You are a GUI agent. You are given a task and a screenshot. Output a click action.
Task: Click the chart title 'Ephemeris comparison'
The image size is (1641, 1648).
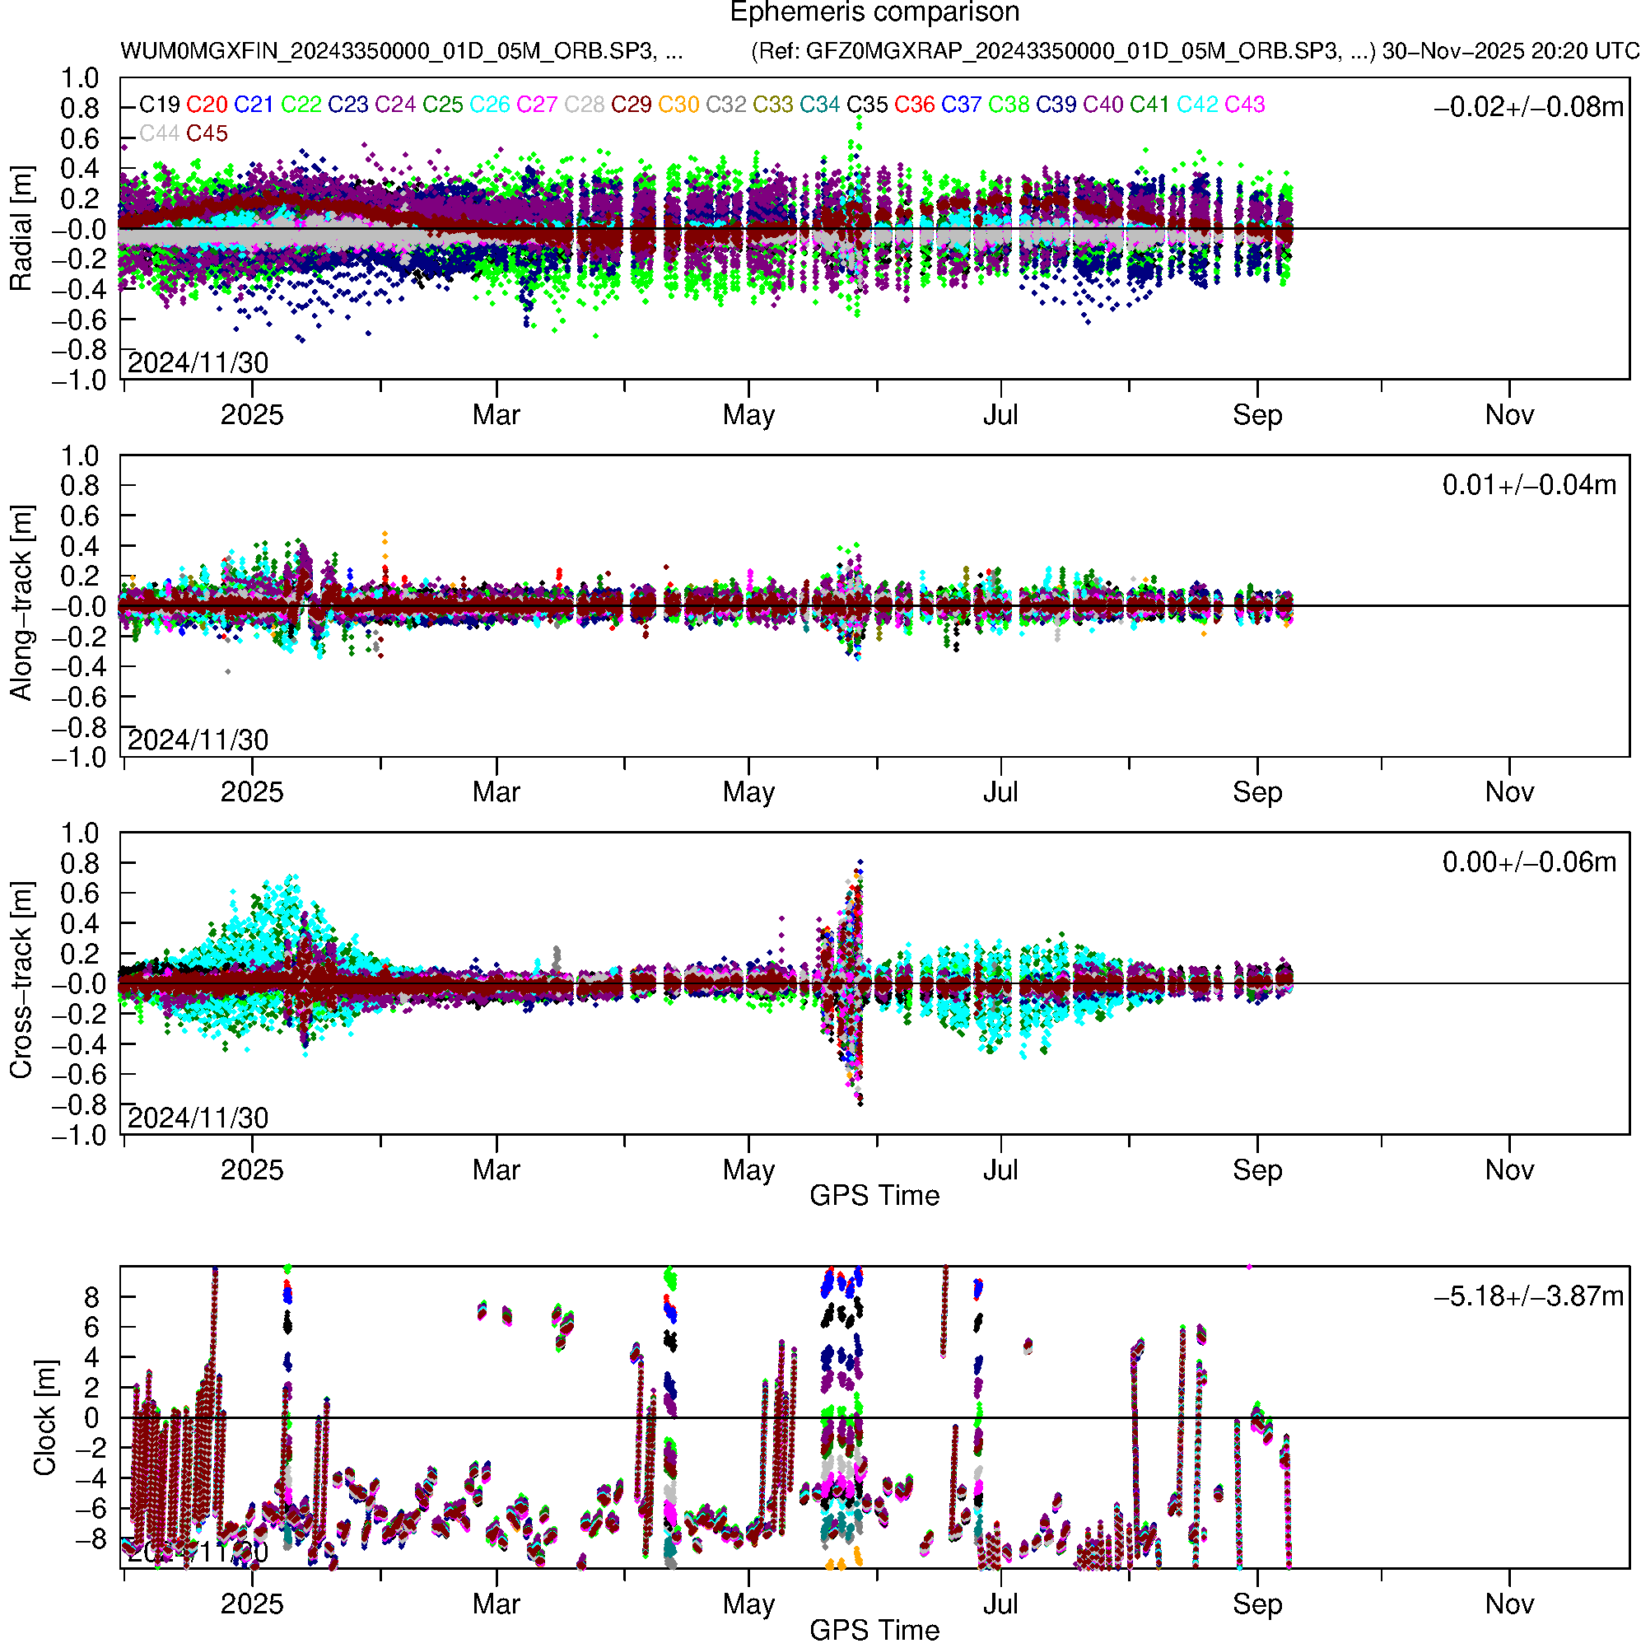874,13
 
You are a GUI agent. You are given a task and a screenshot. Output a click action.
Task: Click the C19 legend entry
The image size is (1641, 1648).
160,105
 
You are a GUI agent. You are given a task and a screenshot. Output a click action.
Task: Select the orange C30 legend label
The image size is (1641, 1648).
679,105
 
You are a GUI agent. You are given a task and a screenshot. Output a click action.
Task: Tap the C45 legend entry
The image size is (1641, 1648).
207,134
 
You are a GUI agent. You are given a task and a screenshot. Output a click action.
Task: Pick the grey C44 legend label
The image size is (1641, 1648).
160,134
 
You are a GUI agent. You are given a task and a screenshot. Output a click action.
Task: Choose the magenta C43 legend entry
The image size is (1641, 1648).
1244,105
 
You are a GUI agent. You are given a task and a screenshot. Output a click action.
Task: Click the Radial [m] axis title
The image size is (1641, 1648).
21,229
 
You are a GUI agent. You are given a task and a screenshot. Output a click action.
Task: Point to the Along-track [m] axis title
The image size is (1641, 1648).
21,604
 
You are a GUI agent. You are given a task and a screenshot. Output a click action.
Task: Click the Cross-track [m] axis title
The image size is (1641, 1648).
21,981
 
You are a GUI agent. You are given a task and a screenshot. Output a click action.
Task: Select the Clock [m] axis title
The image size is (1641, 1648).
44,1417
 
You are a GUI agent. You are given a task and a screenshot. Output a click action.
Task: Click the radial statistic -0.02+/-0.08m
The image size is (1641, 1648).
1529,107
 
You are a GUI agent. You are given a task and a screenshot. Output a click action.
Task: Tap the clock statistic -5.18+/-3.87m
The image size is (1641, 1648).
1529,1296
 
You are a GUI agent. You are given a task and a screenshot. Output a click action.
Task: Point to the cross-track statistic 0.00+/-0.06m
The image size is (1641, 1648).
1529,862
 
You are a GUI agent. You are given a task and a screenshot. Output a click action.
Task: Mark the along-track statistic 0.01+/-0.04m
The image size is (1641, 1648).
1529,485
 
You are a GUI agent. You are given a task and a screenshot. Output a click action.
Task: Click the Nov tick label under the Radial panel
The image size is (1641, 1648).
1508,415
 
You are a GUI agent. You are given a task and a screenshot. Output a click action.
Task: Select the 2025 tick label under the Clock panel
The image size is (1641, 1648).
252,1604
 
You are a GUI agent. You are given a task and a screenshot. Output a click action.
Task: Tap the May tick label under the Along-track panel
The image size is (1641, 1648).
748,792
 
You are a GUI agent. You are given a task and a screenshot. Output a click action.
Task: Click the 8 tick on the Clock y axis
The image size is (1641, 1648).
91,1297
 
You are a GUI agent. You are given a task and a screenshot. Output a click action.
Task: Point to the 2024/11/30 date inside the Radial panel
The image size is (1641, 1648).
198,363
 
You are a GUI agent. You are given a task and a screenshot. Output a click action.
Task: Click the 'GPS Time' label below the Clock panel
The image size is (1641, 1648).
874,1631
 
